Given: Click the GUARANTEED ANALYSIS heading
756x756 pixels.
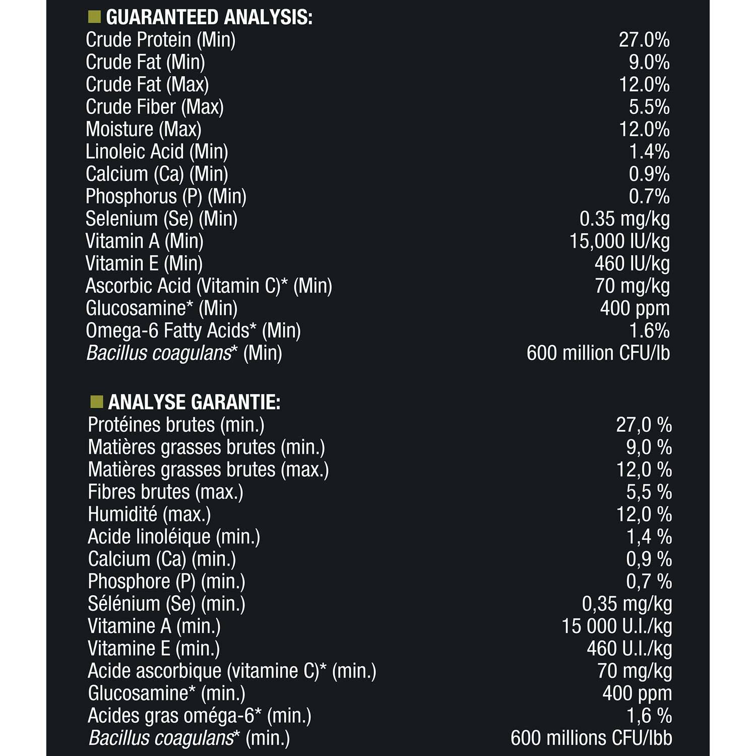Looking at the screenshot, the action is [x=209, y=18].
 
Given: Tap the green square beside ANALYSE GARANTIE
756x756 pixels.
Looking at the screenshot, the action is [x=96, y=402].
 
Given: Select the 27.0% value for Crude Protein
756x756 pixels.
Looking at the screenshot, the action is [x=644, y=40].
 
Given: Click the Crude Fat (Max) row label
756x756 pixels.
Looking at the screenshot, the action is [x=147, y=85].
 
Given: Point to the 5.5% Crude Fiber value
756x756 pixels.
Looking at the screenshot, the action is [x=649, y=107].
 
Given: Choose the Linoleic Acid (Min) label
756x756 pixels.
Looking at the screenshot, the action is [x=157, y=152].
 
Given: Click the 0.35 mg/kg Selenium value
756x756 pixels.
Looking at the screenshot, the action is [x=624, y=219].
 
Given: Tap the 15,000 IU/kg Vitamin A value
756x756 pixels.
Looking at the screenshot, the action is [x=619, y=241].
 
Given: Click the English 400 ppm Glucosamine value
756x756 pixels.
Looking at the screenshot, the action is [x=635, y=308].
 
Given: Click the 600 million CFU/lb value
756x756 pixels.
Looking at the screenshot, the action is [x=598, y=353].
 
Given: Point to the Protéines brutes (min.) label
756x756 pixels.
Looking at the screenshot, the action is [x=176, y=425].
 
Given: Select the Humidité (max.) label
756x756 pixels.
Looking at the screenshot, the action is [x=149, y=515].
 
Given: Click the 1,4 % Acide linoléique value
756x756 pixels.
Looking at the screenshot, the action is [x=649, y=537].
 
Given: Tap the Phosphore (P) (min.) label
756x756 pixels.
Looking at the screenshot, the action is [x=166, y=582].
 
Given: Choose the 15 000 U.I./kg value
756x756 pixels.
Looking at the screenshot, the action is [x=617, y=626].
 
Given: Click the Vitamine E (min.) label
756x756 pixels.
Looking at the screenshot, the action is [x=154, y=649].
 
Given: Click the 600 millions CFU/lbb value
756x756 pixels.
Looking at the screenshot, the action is [x=591, y=738].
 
